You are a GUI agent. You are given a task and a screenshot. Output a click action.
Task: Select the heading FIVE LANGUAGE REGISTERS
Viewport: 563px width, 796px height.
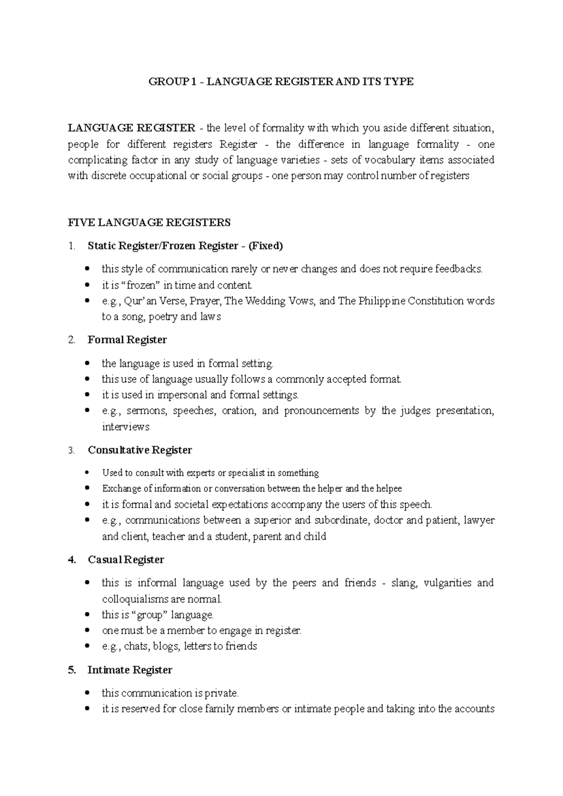click(149, 222)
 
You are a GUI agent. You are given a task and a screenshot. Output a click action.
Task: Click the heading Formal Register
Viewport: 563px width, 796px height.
click(127, 340)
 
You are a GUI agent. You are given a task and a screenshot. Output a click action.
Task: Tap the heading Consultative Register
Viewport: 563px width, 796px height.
click(140, 450)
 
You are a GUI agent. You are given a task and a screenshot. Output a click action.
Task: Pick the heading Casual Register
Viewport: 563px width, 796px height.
click(126, 560)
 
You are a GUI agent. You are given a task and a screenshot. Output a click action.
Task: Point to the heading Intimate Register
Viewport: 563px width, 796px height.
click(130, 670)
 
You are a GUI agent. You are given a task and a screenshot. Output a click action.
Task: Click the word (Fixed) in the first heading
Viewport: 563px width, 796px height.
click(266, 246)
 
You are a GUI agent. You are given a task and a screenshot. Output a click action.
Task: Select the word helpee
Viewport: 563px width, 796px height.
click(388, 489)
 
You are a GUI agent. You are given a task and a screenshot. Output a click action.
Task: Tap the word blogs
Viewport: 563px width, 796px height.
click(166, 647)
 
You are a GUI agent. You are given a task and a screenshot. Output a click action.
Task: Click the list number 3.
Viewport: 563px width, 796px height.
click(71, 451)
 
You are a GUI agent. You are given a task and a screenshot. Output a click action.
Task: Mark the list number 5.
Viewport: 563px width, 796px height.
click(71, 670)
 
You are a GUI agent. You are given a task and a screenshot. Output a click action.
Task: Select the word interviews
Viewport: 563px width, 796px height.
click(125, 427)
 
